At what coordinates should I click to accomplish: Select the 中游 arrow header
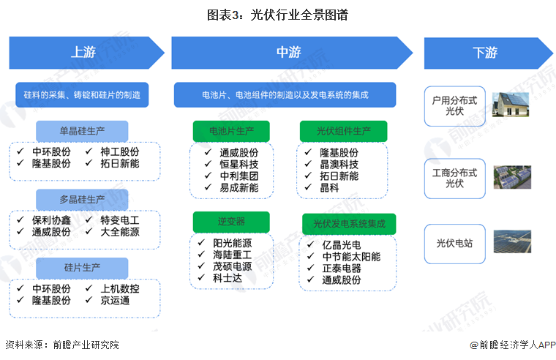pyautogui.click(x=289, y=53)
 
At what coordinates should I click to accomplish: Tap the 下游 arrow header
pyautogui.click(x=484, y=53)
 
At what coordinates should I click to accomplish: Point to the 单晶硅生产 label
pyautogui.click(x=82, y=132)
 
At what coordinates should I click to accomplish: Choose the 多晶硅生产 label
pyautogui.click(x=82, y=199)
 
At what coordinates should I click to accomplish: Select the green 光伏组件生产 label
pyautogui.click(x=343, y=132)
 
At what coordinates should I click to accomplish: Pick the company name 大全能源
pyautogui.click(x=120, y=231)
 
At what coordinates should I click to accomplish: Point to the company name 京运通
pyautogui.click(x=115, y=300)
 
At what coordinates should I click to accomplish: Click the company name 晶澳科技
pyautogui.click(x=339, y=164)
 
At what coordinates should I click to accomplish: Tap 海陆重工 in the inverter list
pyautogui.click(x=232, y=255)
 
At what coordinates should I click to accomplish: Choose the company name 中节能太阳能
pyautogui.click(x=351, y=256)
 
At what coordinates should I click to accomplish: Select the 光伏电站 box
pyautogui.click(x=455, y=242)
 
